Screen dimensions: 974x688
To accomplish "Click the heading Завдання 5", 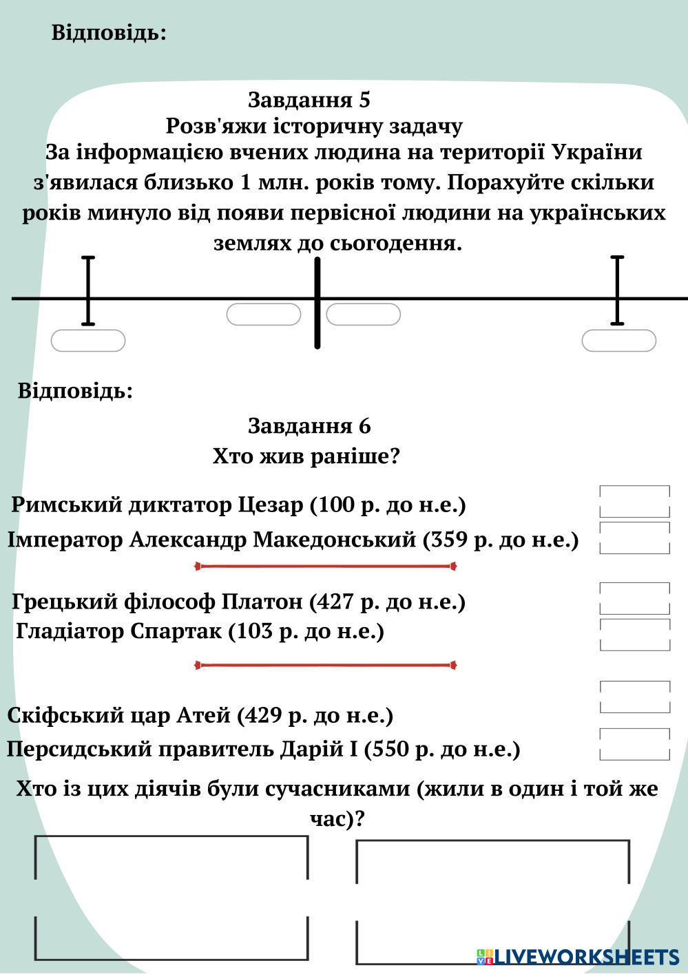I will tap(309, 100).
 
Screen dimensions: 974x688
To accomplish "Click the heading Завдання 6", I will tap(309, 426).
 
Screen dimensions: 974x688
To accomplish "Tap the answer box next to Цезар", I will tap(634, 501).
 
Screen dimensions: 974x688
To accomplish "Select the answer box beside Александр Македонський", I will tap(634, 538).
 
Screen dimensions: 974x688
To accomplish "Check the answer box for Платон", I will tap(634, 598).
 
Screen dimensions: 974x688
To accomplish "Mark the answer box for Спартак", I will tap(634, 634).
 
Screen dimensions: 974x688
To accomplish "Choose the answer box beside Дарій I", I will tap(634, 744).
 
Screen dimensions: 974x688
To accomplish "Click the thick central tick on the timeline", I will tap(317, 303).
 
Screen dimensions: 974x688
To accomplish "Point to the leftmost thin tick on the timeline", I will tap(88, 290).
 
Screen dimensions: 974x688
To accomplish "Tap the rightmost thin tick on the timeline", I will tap(617, 290).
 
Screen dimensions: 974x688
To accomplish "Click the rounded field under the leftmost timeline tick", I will tap(88, 341).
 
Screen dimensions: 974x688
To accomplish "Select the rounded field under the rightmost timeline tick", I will tap(618, 341).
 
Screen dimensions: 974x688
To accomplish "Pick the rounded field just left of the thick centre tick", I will tap(264, 315).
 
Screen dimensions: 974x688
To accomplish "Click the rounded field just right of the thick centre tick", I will tap(363, 315).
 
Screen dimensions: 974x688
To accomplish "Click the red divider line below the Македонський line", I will tap(326, 567).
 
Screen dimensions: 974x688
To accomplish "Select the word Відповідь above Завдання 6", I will tap(75, 392).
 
